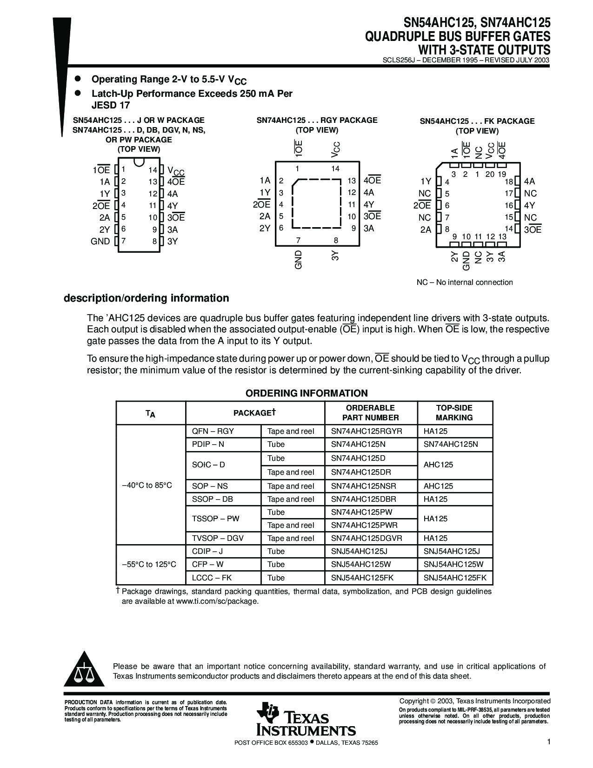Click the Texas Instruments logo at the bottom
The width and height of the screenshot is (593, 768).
coord(305,719)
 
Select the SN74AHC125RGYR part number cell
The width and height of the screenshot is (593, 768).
coord(366,431)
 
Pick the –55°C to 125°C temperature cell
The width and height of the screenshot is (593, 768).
coord(149,564)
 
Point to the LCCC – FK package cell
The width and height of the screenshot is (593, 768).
coord(212,578)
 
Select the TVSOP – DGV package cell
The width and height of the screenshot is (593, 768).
coord(218,538)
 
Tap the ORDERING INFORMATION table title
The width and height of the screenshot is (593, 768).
coord(306,393)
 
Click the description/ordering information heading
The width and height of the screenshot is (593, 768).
coord(146,298)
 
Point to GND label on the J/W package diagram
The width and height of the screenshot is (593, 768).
coord(100,241)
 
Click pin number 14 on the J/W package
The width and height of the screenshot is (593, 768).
coord(153,170)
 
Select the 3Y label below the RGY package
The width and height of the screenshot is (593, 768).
coord(335,255)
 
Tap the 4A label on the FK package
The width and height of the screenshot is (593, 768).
coord(529,182)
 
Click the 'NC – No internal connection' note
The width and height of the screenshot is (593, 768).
coord(464,282)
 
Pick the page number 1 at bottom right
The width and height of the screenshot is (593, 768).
coord(549,741)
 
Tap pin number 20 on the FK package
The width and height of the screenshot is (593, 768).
coord(490,174)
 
